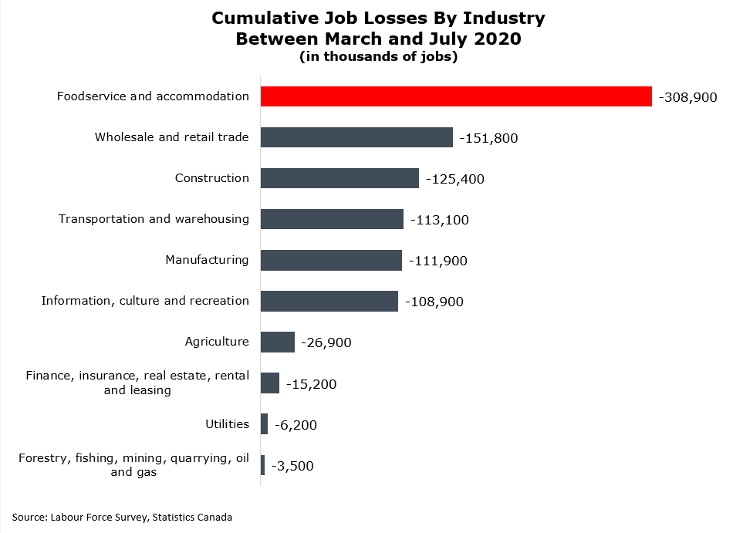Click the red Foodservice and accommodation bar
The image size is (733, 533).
tap(456, 96)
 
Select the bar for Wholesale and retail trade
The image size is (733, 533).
tap(356, 137)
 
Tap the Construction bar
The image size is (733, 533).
tap(339, 178)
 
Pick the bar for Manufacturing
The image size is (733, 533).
tap(331, 260)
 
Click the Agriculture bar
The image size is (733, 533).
tap(278, 342)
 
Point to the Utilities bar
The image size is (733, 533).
tap(265, 424)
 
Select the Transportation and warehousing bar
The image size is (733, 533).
tap(332, 219)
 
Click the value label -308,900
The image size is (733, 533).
tap(687, 98)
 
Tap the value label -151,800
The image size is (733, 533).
tap(488, 139)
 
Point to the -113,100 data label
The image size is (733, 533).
tap(439, 221)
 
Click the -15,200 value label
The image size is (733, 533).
tap(311, 384)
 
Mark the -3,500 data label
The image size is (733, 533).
tap(292, 466)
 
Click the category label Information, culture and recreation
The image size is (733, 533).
tap(145, 301)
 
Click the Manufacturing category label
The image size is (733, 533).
tap(207, 260)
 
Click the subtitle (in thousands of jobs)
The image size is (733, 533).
tap(378, 58)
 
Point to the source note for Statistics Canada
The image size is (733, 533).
tap(122, 517)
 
